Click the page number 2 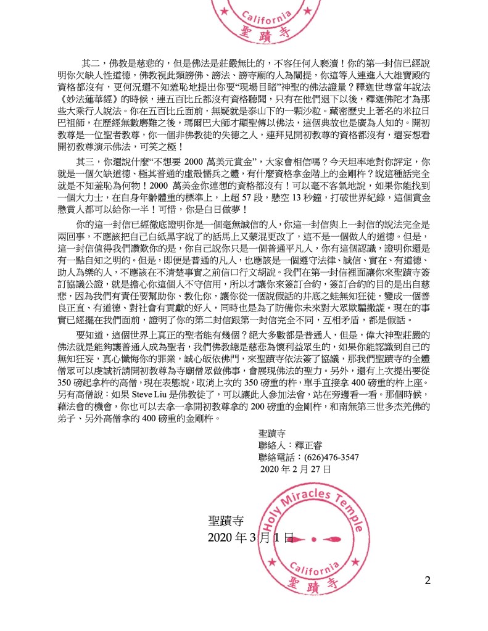tap(428, 580)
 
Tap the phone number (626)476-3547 tap(328, 457)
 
